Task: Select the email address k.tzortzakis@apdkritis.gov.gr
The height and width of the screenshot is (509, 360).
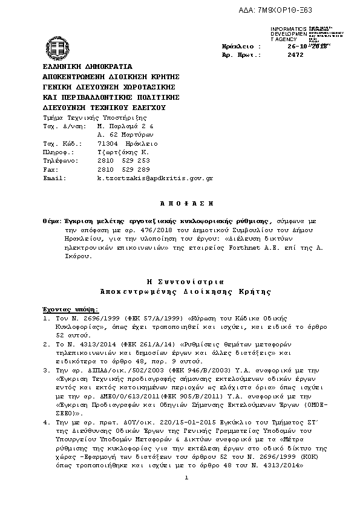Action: pos(155,179)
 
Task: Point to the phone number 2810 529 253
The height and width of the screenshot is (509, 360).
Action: pos(123,161)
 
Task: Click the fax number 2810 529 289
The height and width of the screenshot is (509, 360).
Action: pos(123,170)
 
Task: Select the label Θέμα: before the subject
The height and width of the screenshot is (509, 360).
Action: pos(51,222)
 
